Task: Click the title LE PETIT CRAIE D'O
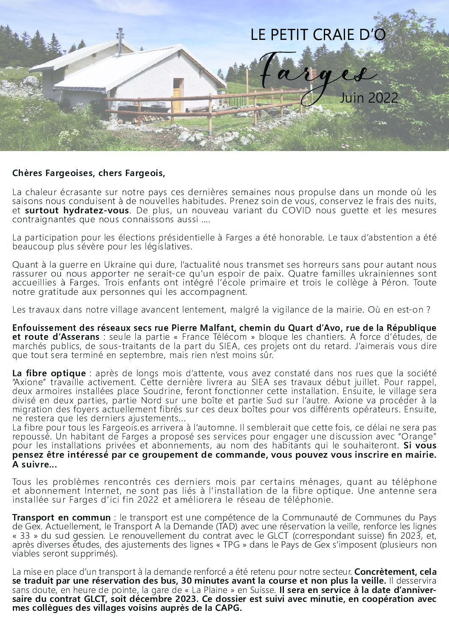coord(318,35)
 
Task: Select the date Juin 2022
coord(369,98)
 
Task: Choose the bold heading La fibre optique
coord(49,374)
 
